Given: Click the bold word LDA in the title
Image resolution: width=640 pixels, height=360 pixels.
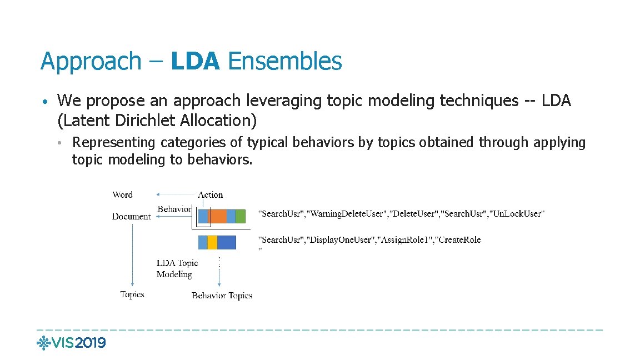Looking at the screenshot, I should pos(196,61).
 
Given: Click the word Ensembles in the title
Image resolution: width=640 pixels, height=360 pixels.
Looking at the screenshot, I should pos(284,61).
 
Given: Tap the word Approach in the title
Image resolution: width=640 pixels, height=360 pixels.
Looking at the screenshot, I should pos(91,61).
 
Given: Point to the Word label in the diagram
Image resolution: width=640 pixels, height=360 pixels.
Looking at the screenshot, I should pos(122,194).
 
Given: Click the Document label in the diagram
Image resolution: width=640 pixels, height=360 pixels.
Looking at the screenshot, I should pos(131,216).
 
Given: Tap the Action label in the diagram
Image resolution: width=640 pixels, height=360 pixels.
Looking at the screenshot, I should pos(211,194).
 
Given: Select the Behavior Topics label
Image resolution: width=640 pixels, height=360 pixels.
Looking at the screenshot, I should pos(222,296).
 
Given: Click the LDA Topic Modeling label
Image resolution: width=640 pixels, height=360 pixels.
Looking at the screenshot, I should pos(177,268).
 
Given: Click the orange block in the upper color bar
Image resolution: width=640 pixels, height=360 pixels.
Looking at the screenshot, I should pos(217,216).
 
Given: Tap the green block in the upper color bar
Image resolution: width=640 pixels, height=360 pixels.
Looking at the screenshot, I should pos(240,216).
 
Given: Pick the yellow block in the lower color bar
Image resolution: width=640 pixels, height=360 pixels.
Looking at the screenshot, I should pos(212,242).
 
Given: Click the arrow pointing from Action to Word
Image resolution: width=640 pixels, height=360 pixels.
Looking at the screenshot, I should pos(176,194).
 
